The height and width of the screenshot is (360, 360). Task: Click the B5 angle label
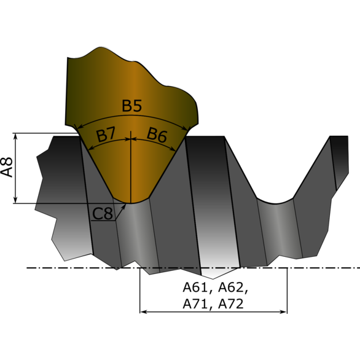pyautogui.click(x=131, y=106)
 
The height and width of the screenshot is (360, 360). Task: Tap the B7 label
pyautogui.click(x=106, y=135)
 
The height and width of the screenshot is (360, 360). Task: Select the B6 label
pyautogui.click(x=157, y=135)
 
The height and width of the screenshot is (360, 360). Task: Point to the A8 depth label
pyautogui.click(x=7, y=167)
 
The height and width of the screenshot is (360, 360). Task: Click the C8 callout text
pyautogui.click(x=103, y=214)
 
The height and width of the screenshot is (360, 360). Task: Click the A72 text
pyautogui.click(x=231, y=304)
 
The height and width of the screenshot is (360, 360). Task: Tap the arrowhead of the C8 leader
pyautogui.click(x=124, y=206)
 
